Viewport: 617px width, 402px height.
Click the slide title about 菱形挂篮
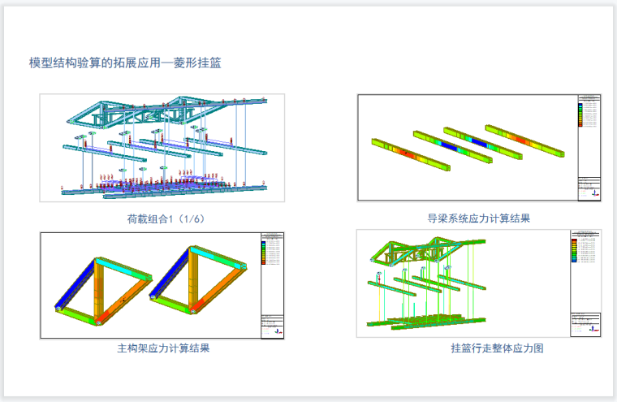[x=125, y=62]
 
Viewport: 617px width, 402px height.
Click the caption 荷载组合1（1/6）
[x=162, y=218]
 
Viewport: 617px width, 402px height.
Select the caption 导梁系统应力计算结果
[x=478, y=218]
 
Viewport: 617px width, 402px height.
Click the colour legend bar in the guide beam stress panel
[x=580, y=115]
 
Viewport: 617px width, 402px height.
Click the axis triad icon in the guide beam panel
[x=593, y=193]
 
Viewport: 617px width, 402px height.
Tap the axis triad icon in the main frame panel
[x=277, y=331]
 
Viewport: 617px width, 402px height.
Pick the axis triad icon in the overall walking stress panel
[x=593, y=330]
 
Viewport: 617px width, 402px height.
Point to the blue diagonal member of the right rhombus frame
[x=170, y=284]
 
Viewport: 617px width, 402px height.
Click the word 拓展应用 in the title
[x=148, y=62]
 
